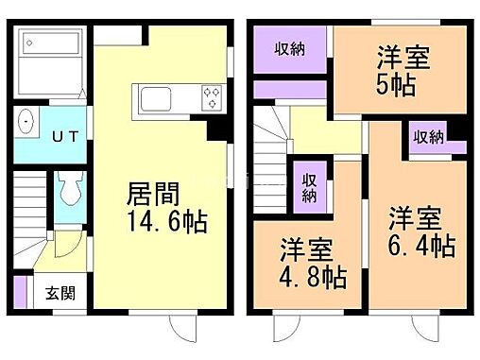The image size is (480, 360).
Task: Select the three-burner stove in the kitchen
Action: pos(210,97)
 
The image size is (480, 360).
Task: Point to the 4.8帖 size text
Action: pos(312,279)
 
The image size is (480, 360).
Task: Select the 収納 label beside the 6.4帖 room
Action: pos(429,136)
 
